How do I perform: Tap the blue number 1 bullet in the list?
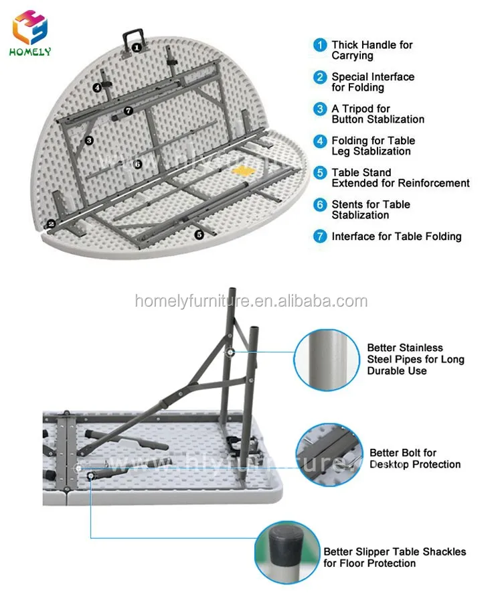coord(320,46)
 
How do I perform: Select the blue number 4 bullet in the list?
coord(320,141)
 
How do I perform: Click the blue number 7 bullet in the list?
coord(320,237)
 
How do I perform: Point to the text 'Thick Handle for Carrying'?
coord(372,50)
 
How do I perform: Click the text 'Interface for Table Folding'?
coord(396,237)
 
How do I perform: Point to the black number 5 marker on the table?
coord(199,234)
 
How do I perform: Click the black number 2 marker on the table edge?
coord(50,224)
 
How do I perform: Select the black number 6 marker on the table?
coord(137,163)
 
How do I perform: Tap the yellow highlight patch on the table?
coord(244,170)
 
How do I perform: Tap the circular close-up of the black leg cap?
coord(286,551)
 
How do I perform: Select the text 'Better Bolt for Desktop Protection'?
coord(414,458)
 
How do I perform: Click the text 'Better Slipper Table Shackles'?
coord(395,552)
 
